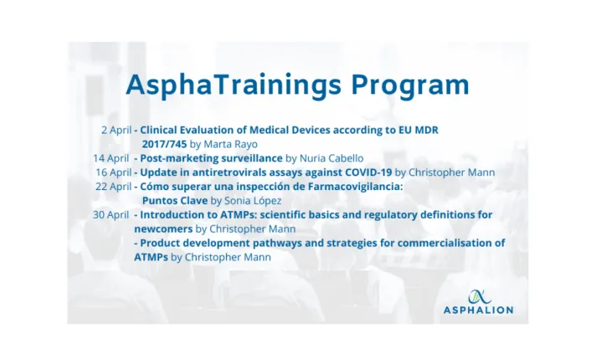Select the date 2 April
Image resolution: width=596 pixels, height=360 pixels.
pos(116,130)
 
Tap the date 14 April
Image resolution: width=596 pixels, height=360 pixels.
pos(110,157)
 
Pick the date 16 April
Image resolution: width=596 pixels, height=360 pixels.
pos(113,172)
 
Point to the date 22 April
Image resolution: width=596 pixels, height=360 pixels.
pos(114,186)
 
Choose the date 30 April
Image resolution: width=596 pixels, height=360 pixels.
pos(110,214)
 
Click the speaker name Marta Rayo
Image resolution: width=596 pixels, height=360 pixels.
pos(229,144)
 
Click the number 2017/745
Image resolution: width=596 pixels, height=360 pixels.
pos(165,144)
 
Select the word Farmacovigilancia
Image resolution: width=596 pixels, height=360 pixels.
pos(354,186)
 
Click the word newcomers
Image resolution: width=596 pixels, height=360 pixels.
pos(162,229)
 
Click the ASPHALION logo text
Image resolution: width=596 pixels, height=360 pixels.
pos(478,310)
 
